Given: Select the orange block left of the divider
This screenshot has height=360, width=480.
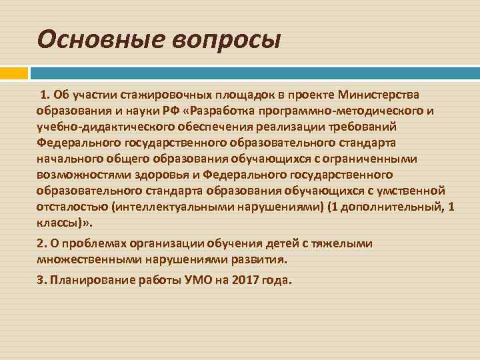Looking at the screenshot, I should coord(14,72).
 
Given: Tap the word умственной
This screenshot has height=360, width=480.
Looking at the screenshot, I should coord(409,191).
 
